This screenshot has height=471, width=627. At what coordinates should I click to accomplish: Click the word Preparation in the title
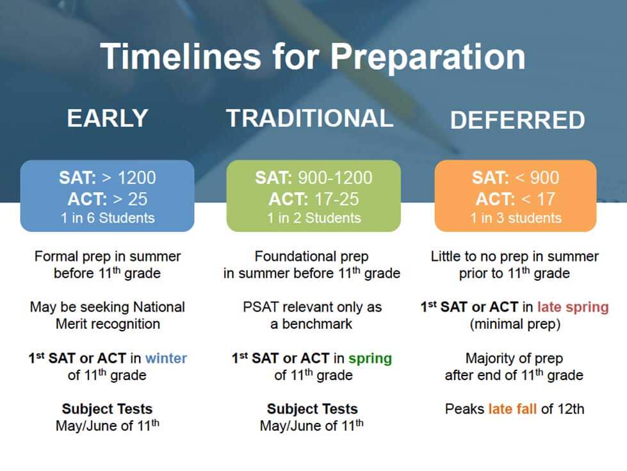428,57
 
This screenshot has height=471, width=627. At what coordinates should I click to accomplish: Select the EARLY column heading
108,118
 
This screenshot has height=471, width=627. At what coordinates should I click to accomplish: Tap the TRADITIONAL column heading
310,118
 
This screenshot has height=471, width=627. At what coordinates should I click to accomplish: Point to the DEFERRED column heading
517,120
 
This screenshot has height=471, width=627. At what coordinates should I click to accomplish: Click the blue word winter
166,358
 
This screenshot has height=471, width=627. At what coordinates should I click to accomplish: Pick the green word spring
370,359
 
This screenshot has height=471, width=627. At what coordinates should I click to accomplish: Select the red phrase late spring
573,308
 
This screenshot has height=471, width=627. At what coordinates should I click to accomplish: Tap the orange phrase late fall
512,409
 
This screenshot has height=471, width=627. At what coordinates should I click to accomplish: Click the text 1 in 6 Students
108,218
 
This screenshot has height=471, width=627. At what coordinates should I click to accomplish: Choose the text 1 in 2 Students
314,218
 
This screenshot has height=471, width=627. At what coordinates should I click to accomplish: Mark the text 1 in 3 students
516,218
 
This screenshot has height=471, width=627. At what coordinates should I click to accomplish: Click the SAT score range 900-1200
335,178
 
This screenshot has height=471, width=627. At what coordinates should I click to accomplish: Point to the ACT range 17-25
337,199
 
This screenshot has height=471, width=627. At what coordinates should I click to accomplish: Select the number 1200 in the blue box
137,178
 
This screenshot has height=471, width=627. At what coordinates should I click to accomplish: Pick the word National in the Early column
159,308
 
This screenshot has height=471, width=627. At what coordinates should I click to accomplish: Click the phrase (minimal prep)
515,324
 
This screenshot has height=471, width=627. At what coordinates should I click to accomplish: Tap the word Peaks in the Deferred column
464,409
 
